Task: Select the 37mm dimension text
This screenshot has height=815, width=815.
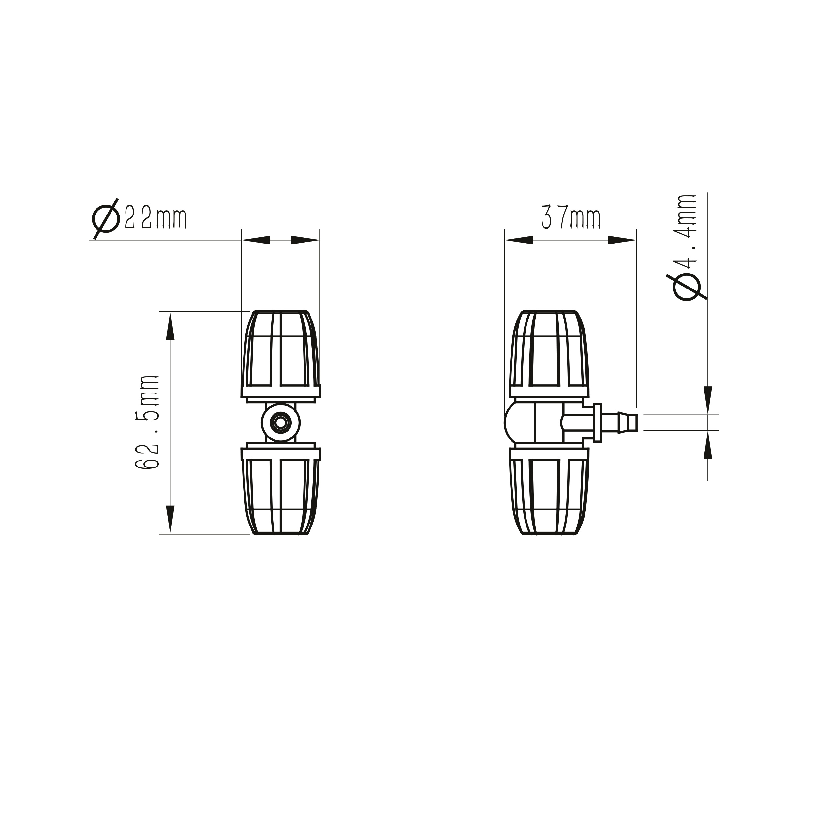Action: tap(571, 217)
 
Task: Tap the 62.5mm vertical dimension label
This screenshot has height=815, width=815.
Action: tap(147, 422)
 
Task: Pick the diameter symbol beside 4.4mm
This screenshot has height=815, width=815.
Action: tap(686, 287)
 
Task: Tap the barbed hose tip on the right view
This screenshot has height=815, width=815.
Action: tap(627, 423)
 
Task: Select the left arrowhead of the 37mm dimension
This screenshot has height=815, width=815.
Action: tap(519, 240)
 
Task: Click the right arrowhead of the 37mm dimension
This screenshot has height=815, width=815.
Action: tap(622, 240)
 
